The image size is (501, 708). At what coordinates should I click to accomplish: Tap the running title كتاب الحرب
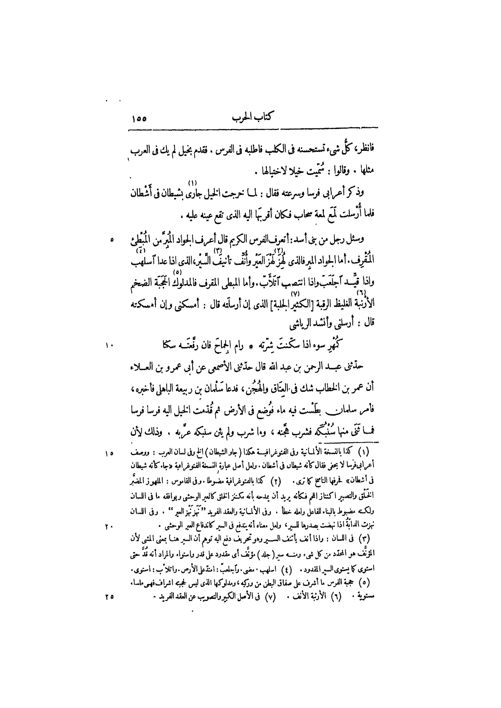pos(251,118)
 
